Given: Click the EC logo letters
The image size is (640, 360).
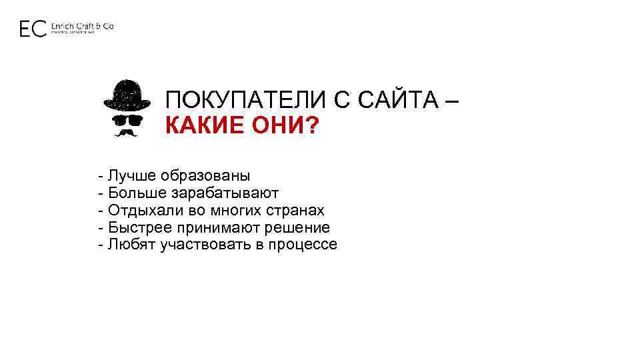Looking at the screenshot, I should tap(33, 28).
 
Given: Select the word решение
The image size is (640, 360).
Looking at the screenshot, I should tap(300, 228).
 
